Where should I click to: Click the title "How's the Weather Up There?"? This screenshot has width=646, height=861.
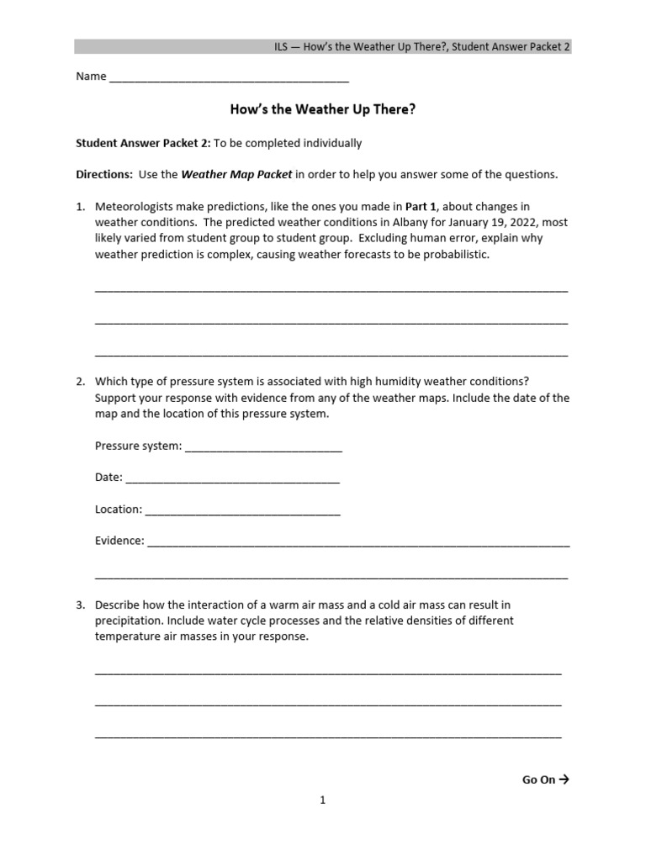coord(323,109)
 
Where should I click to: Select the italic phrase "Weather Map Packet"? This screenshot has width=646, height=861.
coord(236,175)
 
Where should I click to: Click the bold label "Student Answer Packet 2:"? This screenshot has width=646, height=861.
coord(143,143)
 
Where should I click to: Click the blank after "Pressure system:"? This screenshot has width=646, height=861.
coord(263,447)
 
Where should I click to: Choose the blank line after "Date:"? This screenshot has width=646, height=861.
coord(232,478)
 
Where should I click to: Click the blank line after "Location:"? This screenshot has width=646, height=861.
coord(242,510)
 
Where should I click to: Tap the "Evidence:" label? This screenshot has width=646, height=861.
coord(119,541)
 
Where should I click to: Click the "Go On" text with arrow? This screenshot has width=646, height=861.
coord(545,779)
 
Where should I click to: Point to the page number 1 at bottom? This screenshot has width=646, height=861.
coord(322,800)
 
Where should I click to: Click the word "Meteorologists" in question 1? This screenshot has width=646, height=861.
coord(135,206)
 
